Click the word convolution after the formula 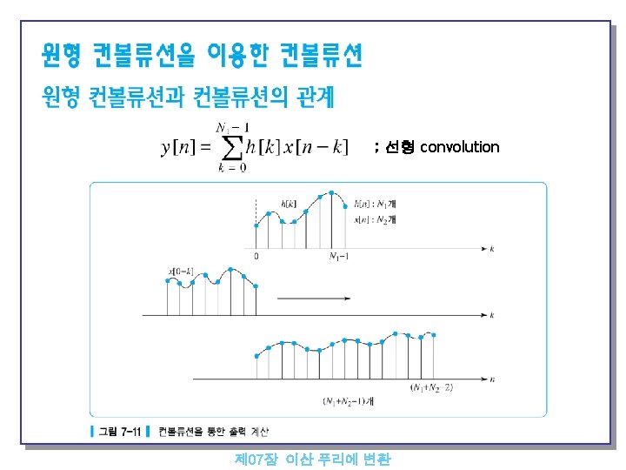pos(460,147)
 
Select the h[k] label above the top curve pos(288,203)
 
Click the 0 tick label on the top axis pos(256,256)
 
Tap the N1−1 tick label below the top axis pos(340,256)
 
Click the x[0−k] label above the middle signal pos(180,272)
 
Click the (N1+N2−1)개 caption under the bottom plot pos(347,401)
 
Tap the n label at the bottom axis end pos(493,379)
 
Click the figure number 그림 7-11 pos(121,431)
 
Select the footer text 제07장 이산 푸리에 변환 pos(313,459)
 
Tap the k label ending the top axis pos(493,249)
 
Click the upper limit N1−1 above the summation pos(231,127)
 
